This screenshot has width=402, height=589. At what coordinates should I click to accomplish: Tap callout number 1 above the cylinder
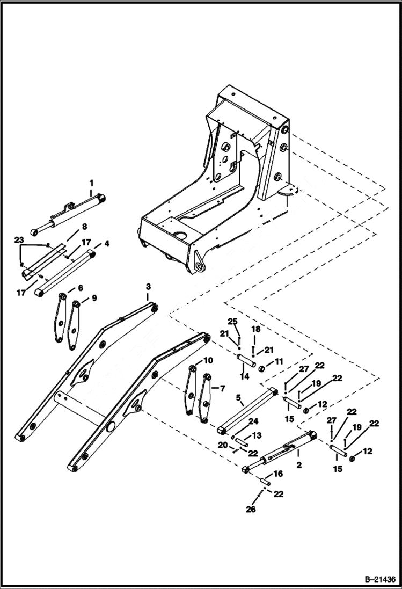pyautogui.click(x=91, y=182)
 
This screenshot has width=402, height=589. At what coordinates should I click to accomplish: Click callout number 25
pyautogui.click(x=232, y=322)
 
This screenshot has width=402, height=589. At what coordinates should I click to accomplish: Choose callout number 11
pyautogui.click(x=279, y=362)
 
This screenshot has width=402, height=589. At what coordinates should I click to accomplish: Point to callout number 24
pyautogui.click(x=253, y=421)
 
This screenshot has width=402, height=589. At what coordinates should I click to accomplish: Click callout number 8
pyautogui.click(x=84, y=227)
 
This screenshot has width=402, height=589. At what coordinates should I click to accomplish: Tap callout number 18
pyautogui.click(x=254, y=328)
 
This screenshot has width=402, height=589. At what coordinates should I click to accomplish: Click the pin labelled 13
pyautogui.click(x=240, y=443)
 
